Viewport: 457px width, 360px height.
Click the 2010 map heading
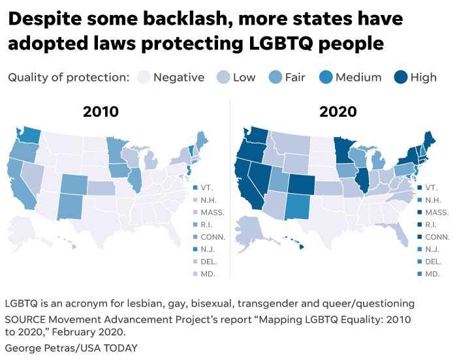[101, 111]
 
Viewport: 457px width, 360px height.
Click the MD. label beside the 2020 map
[432, 273]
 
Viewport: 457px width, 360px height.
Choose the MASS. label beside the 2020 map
[435, 212]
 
